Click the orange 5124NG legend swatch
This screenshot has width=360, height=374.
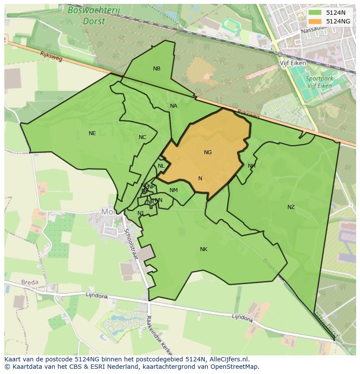316,21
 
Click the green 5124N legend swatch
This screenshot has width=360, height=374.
316,13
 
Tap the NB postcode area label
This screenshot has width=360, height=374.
157,69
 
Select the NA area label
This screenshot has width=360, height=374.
173,106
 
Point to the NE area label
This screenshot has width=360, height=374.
92,133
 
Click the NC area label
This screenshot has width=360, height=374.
142,137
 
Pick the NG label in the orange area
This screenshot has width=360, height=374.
208,152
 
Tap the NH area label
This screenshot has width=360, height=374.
251,166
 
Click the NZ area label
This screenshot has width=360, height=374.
291,207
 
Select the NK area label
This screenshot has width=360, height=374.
203,249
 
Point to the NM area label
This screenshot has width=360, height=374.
173,190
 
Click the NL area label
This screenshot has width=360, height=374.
161,166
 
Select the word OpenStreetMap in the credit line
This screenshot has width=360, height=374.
236,367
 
